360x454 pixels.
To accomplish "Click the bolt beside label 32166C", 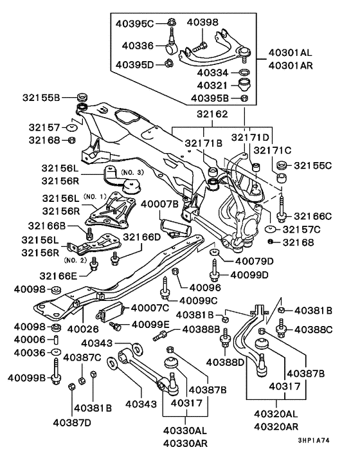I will pos(281,214).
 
